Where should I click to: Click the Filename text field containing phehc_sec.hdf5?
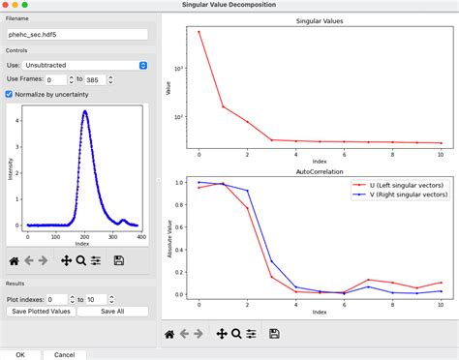tap(76, 34)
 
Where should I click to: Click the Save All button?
tap(114, 311)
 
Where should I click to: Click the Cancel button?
tap(65, 354)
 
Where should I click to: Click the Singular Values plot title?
tap(319, 20)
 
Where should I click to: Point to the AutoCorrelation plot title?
tap(319, 171)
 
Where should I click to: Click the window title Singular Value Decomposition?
tap(229, 6)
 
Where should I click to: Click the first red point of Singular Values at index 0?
tap(199, 32)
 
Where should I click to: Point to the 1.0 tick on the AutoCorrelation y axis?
tap(182, 181)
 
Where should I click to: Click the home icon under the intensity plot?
tap(14, 259)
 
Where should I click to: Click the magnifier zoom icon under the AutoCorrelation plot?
tap(235, 333)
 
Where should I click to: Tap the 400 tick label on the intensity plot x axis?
tap(140, 237)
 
